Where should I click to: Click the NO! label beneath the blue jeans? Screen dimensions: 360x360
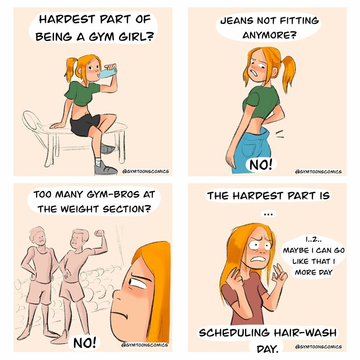(259, 165)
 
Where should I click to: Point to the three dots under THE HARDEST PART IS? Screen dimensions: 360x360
(268, 213)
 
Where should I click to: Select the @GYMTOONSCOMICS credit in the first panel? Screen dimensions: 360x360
(145, 171)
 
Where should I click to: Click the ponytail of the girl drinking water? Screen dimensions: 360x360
(70, 70)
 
